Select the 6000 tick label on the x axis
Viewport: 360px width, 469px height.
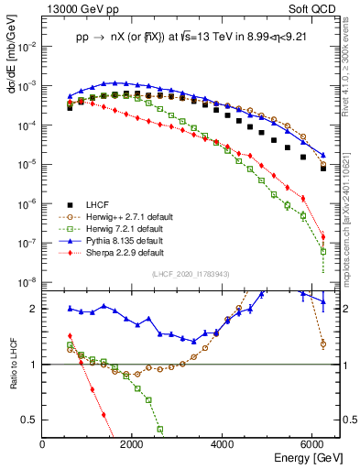tap(315, 445)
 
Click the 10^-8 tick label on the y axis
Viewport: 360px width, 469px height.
tap(27, 282)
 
